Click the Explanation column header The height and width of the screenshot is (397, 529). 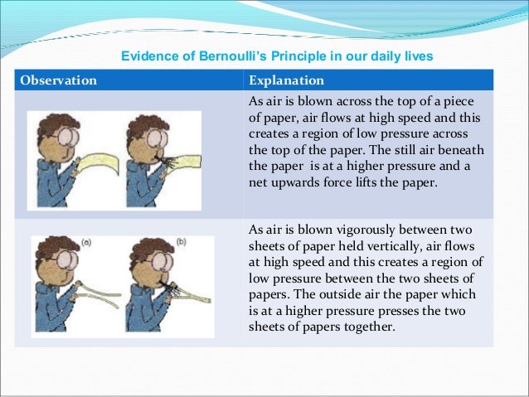287,80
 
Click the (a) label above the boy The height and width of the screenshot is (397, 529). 89,244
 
